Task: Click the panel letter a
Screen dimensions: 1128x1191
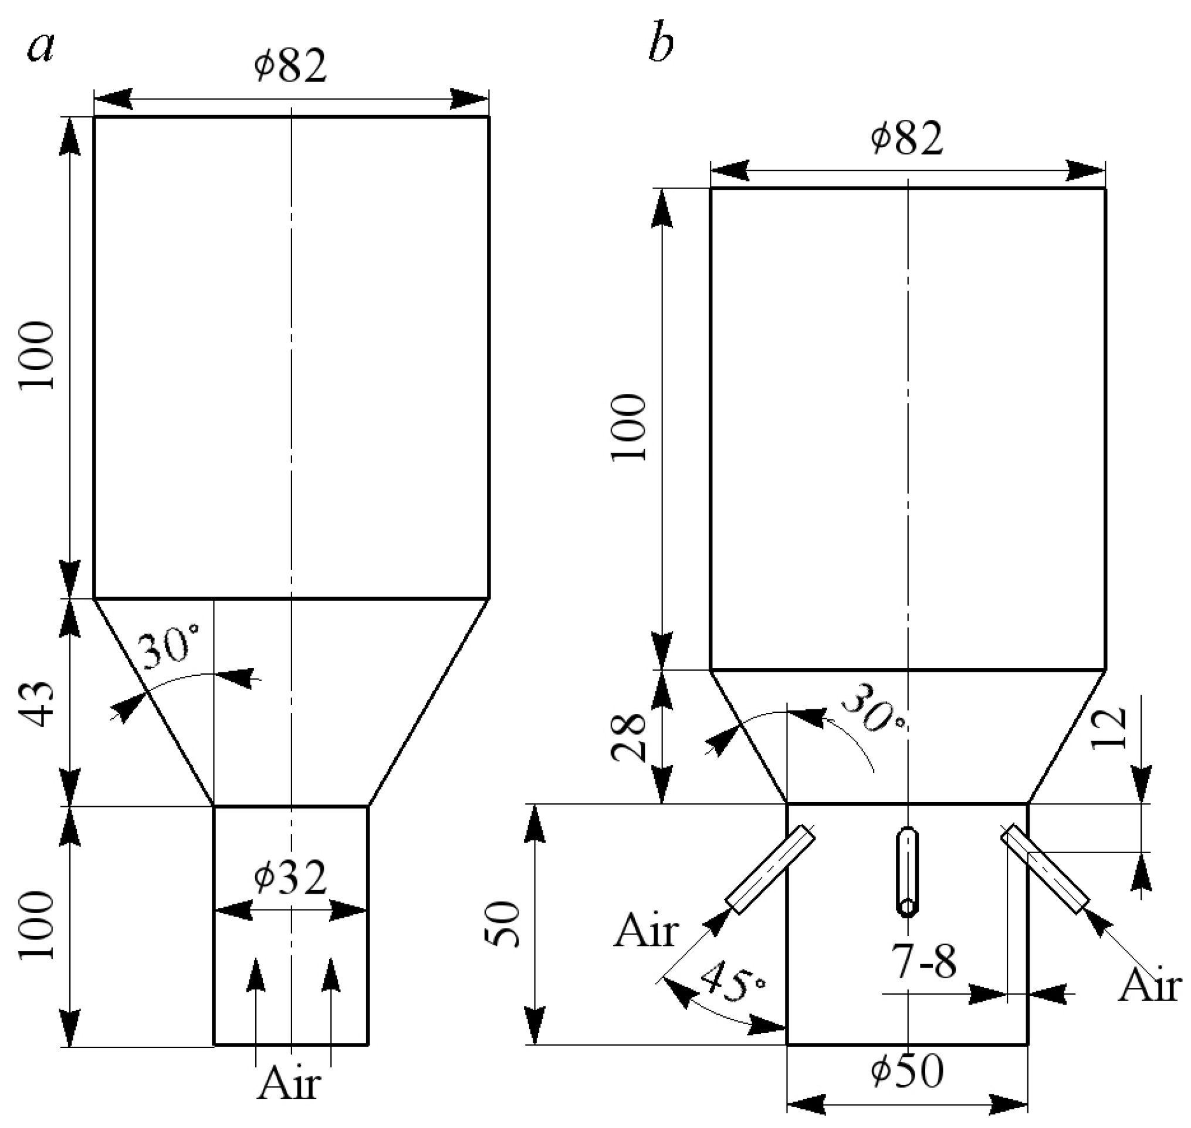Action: (x=41, y=48)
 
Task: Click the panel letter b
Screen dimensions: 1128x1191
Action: (x=661, y=46)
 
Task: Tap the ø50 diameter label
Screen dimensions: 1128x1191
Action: (x=908, y=1070)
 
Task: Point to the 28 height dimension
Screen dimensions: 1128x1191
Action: (x=628, y=737)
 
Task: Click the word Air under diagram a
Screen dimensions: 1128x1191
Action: (x=289, y=1082)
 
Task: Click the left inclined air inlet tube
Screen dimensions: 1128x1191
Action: (x=771, y=870)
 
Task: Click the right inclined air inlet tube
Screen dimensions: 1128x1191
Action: (x=1045, y=868)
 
